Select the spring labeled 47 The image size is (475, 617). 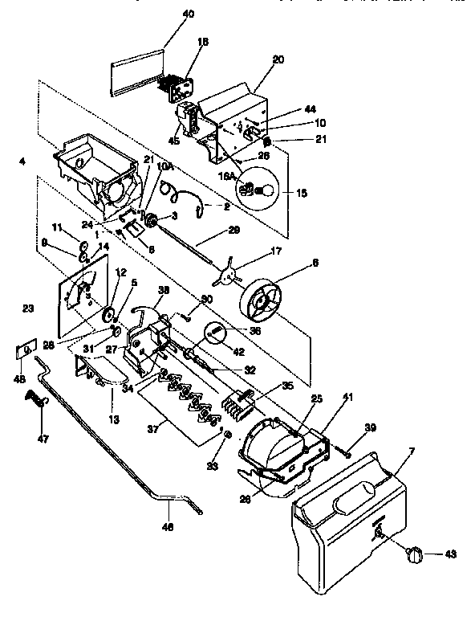click(x=35, y=398)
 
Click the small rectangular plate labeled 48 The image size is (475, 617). click(x=26, y=349)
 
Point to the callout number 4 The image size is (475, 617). click(x=22, y=161)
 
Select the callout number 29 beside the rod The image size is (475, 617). click(x=233, y=230)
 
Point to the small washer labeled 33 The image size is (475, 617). click(x=228, y=435)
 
